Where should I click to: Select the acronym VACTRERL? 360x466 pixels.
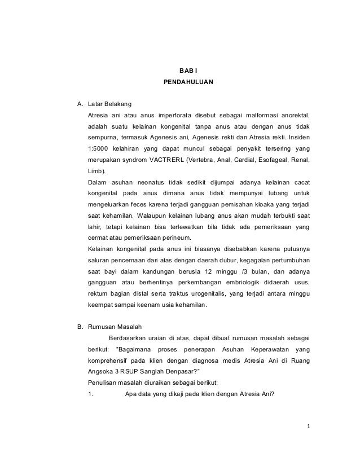(x=172, y=159)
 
